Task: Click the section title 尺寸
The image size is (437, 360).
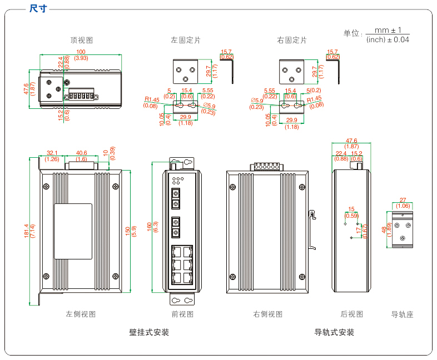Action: coord(38,8)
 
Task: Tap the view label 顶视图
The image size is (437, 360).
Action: coord(81,40)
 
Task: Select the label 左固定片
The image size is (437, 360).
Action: coord(186,40)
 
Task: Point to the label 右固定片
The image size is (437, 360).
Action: coord(292,40)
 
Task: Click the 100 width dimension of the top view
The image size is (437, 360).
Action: coord(81,52)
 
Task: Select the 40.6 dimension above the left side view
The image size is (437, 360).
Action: coord(81,153)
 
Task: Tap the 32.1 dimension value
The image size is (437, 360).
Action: coord(52,153)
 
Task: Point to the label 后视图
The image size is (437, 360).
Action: coord(352,314)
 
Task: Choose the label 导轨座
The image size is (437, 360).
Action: coord(403,314)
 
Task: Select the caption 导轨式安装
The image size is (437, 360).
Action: coord(334,332)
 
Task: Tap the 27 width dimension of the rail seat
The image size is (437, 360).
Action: coord(403,200)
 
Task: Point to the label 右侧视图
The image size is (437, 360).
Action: coord(268,314)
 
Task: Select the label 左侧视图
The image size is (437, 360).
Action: coord(81,314)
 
